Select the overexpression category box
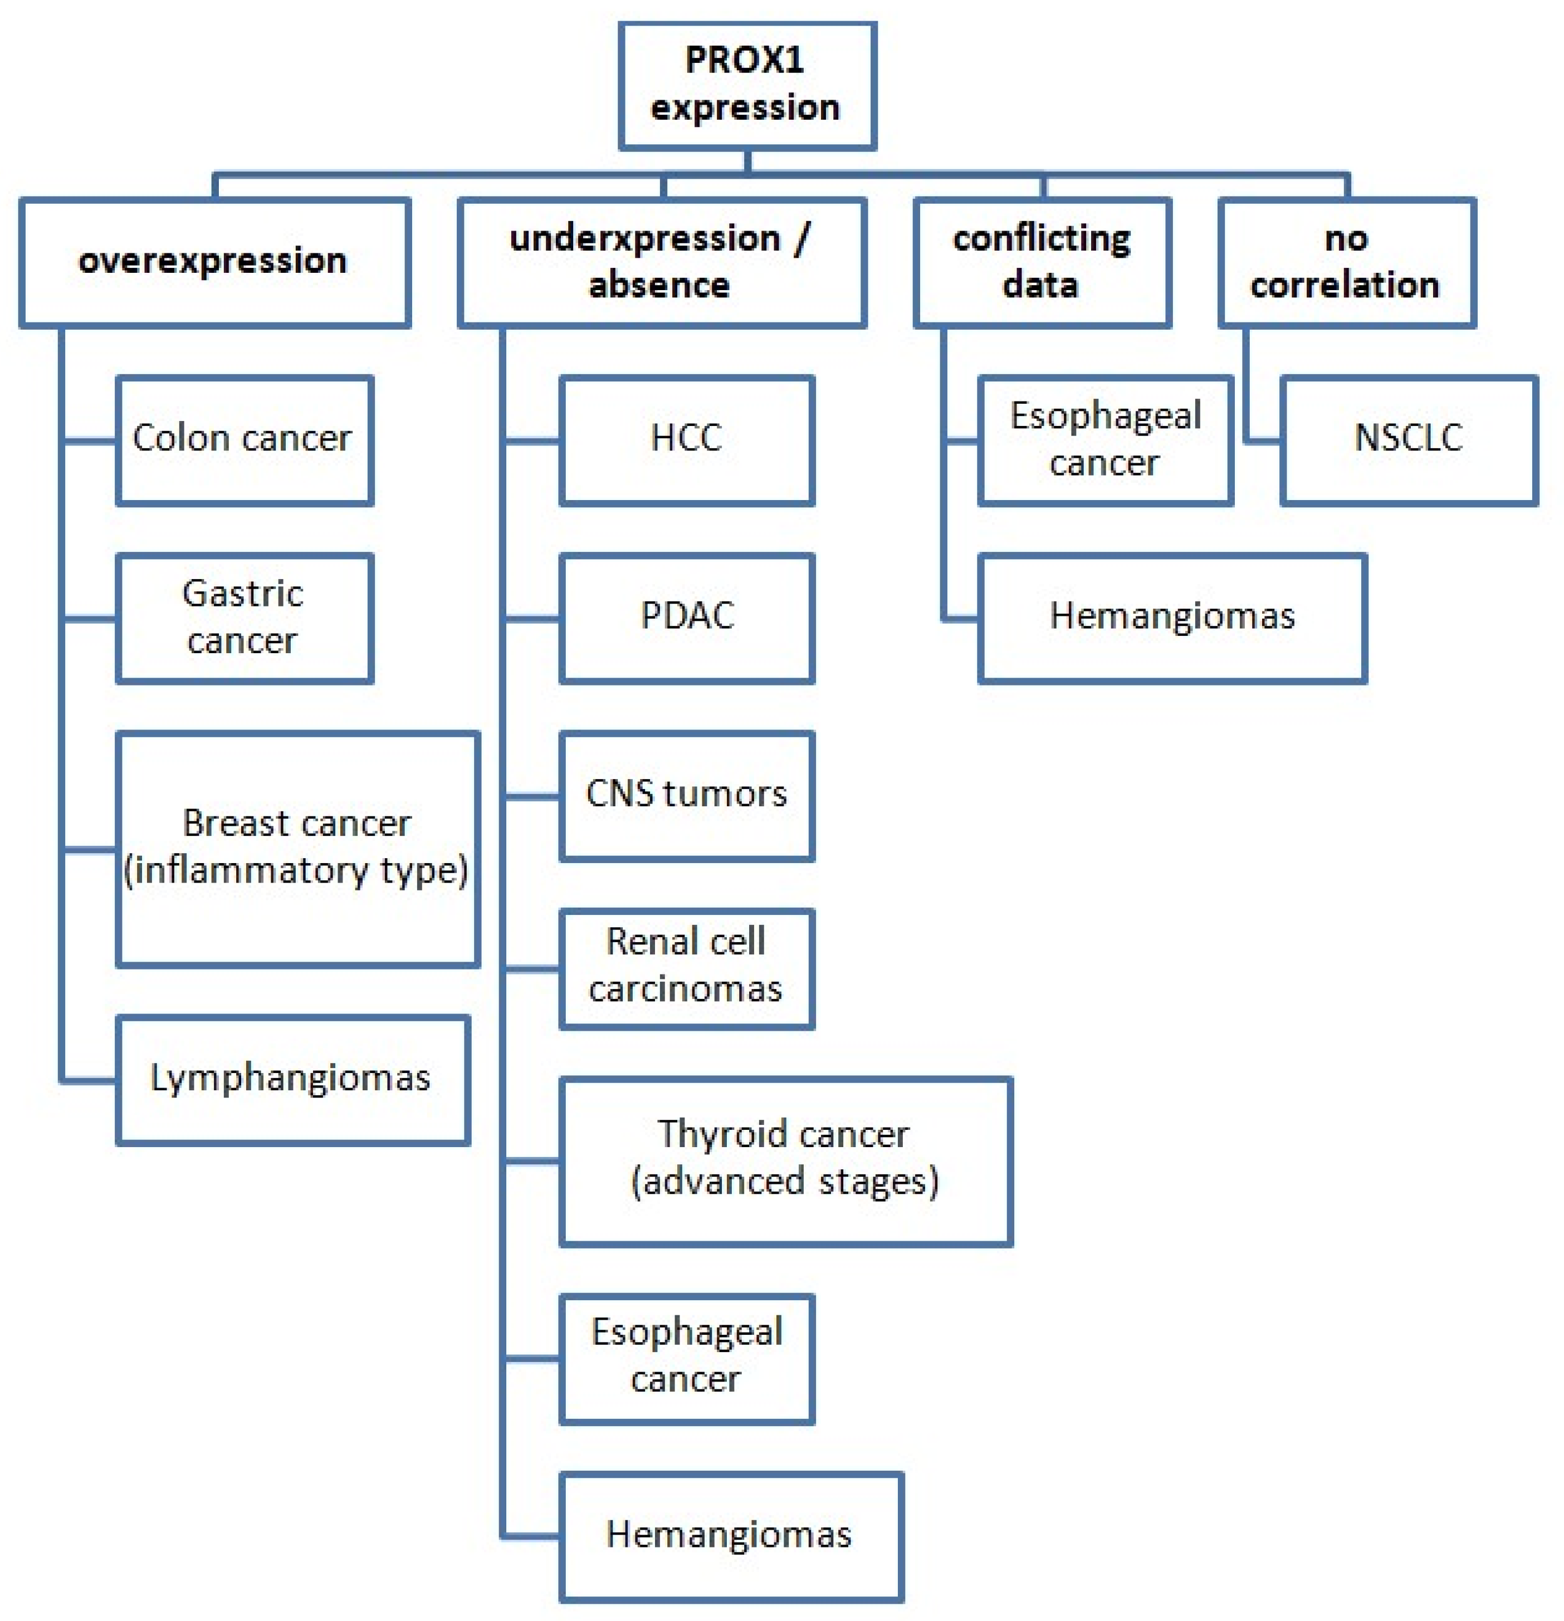tap(214, 261)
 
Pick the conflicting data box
tap(1042, 261)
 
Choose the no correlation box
tap(1346, 261)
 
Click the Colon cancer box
tap(244, 439)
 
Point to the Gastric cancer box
tap(244, 617)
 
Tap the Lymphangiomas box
tap(292, 1079)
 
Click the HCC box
tap(686, 439)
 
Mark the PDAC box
tap(686, 617)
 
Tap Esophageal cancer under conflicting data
tap(1105, 439)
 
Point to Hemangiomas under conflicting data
tap(1171, 617)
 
